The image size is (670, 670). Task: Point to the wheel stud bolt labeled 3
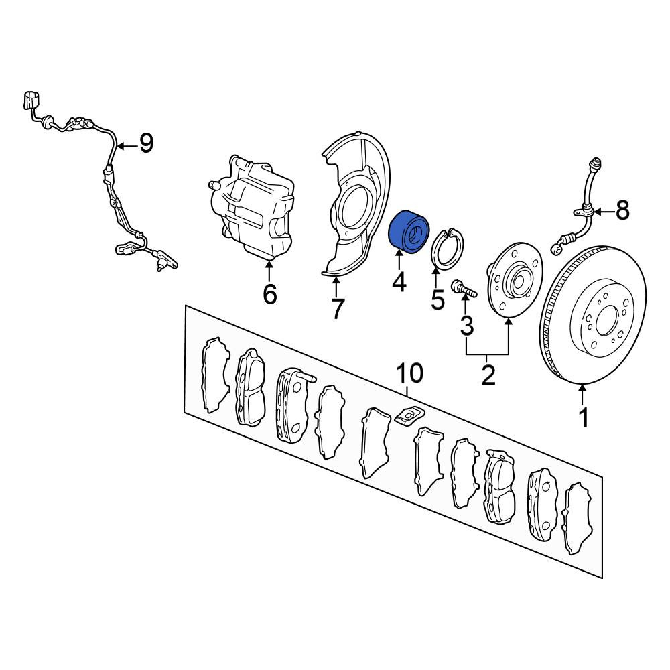tap(464, 287)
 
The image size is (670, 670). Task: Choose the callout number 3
tap(466, 325)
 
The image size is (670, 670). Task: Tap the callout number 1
tap(583, 417)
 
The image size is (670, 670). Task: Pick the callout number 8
tap(622, 210)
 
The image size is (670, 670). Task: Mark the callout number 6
tap(269, 293)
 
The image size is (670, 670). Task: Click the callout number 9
tap(145, 143)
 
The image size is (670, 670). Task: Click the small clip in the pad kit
tap(409, 415)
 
